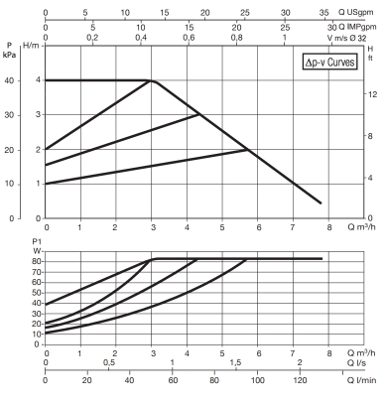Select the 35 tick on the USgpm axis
tap(325, 14)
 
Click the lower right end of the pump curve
tap(321, 203)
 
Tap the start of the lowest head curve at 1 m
tap(47, 184)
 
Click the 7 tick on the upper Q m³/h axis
tap(294, 227)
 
